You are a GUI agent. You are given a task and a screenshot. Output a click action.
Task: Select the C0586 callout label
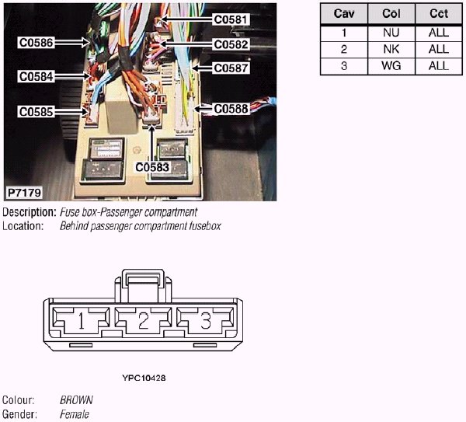point(37,44)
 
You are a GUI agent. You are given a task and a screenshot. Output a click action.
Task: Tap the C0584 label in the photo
point(37,77)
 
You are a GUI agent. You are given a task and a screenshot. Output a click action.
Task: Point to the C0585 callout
point(37,112)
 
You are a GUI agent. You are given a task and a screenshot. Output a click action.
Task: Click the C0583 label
point(152,166)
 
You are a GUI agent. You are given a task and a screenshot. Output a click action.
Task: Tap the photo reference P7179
point(24,191)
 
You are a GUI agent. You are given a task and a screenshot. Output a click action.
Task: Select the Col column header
point(391,14)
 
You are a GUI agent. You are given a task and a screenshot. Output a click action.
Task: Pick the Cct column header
point(438,14)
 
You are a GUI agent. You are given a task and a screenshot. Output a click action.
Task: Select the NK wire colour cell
point(391,49)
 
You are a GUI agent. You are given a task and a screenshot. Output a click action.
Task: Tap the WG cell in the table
point(391,66)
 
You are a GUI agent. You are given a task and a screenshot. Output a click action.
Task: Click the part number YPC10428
point(144,378)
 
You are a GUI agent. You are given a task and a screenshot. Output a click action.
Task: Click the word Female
point(75,414)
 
